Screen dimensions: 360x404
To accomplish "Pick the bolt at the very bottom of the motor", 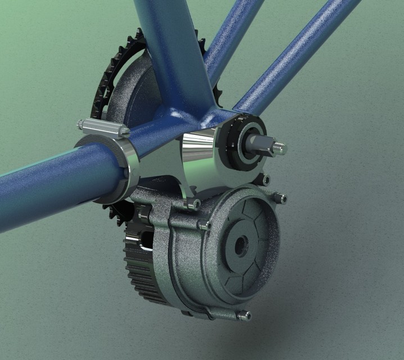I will point(244,316).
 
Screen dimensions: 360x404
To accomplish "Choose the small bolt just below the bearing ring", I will point(264,180).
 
